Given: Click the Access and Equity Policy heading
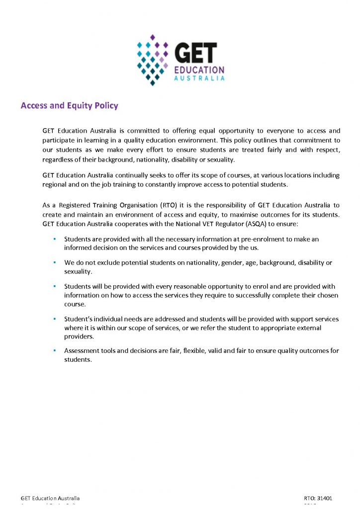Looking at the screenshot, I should (x=69, y=105).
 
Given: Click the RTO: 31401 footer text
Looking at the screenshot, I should (x=318, y=498).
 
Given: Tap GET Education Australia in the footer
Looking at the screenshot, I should (x=50, y=498).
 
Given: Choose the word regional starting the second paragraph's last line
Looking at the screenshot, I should (x=55, y=184).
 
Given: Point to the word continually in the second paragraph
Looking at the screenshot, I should (x=133, y=175).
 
